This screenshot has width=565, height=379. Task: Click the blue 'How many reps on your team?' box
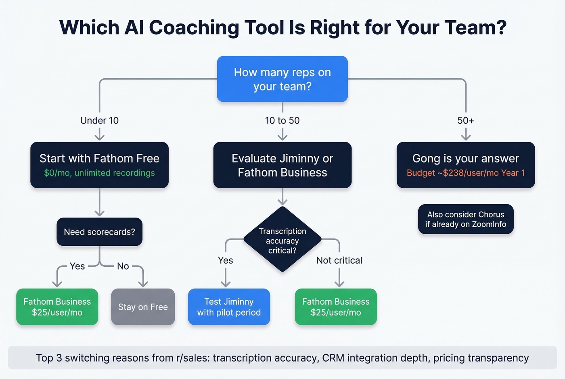point(282,79)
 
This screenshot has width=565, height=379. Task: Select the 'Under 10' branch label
point(99,120)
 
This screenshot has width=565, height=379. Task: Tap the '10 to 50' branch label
point(282,120)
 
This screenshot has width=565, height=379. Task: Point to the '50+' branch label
point(466,120)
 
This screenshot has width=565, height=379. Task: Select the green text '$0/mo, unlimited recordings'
point(99,173)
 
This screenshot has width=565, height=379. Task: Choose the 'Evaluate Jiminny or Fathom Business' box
point(282,165)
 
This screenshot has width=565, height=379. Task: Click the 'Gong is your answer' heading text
point(466,158)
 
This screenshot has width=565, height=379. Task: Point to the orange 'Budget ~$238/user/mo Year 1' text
point(466,173)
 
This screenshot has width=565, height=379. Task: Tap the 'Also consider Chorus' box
point(466,219)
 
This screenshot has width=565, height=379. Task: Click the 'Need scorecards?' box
point(99,232)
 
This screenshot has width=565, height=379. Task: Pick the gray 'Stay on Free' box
point(143,307)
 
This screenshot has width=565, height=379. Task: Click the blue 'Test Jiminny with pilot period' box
point(229,307)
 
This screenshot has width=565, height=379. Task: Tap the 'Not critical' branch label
point(339,260)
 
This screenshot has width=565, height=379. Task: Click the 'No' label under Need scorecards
point(123,266)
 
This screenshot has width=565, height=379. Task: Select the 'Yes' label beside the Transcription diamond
point(225,260)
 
